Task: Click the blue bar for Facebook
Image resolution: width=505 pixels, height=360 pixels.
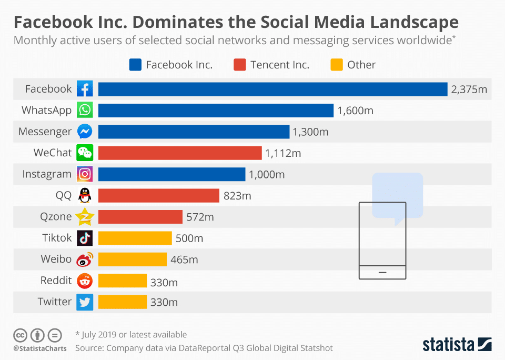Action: tap(272, 89)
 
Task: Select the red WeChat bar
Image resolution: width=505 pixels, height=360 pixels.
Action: tap(180, 153)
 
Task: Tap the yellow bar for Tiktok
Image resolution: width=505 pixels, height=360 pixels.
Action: tap(135, 238)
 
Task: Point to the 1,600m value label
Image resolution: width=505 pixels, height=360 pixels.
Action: tap(355, 111)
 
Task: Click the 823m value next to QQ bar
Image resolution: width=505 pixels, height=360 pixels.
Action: tap(237, 196)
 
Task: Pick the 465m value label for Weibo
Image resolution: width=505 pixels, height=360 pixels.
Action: tap(184, 259)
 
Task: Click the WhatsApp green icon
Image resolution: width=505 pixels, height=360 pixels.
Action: tap(85, 111)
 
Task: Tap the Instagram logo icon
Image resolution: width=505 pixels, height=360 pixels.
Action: tap(85, 174)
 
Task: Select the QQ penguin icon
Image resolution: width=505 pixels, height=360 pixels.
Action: tap(85, 196)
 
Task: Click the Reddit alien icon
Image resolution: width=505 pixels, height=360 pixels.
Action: tap(85, 281)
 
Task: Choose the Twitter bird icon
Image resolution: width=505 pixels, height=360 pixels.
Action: tap(85, 302)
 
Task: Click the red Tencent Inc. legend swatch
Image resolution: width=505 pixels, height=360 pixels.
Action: tap(240, 65)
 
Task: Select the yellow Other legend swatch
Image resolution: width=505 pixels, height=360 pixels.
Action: tap(337, 65)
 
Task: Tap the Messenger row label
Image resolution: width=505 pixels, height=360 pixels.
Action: tap(45, 132)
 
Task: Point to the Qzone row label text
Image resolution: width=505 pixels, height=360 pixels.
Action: tap(56, 217)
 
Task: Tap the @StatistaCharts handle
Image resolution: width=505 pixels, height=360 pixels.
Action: tap(40, 348)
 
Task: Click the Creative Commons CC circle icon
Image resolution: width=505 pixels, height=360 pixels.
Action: tap(20, 335)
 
